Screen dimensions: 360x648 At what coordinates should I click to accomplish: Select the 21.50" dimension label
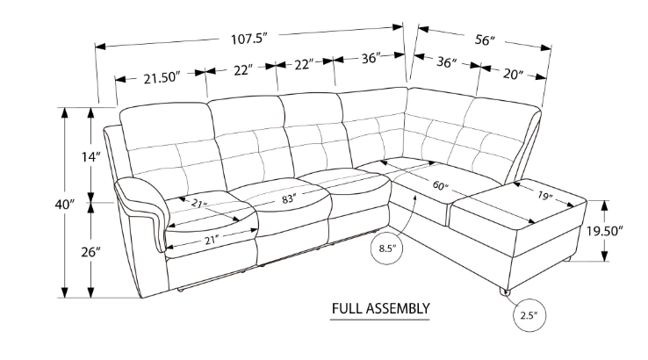point(161,78)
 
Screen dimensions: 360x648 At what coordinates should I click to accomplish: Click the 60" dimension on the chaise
point(440,186)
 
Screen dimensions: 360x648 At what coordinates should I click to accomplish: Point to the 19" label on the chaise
point(545,197)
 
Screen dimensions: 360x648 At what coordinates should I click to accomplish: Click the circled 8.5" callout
point(387,248)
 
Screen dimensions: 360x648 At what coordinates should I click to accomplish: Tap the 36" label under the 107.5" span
point(370,59)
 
